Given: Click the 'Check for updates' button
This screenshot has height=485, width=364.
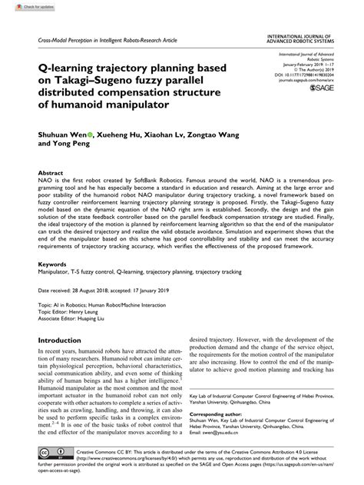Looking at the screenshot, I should pyautogui.click(x=22, y=6).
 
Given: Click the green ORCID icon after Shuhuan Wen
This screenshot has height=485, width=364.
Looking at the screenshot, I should pyautogui.click(x=92, y=132).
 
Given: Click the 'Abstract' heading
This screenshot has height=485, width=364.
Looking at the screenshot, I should pyautogui.click(x=51, y=174).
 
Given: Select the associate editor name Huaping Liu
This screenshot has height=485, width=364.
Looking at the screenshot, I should pyautogui.click(x=108, y=318).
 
